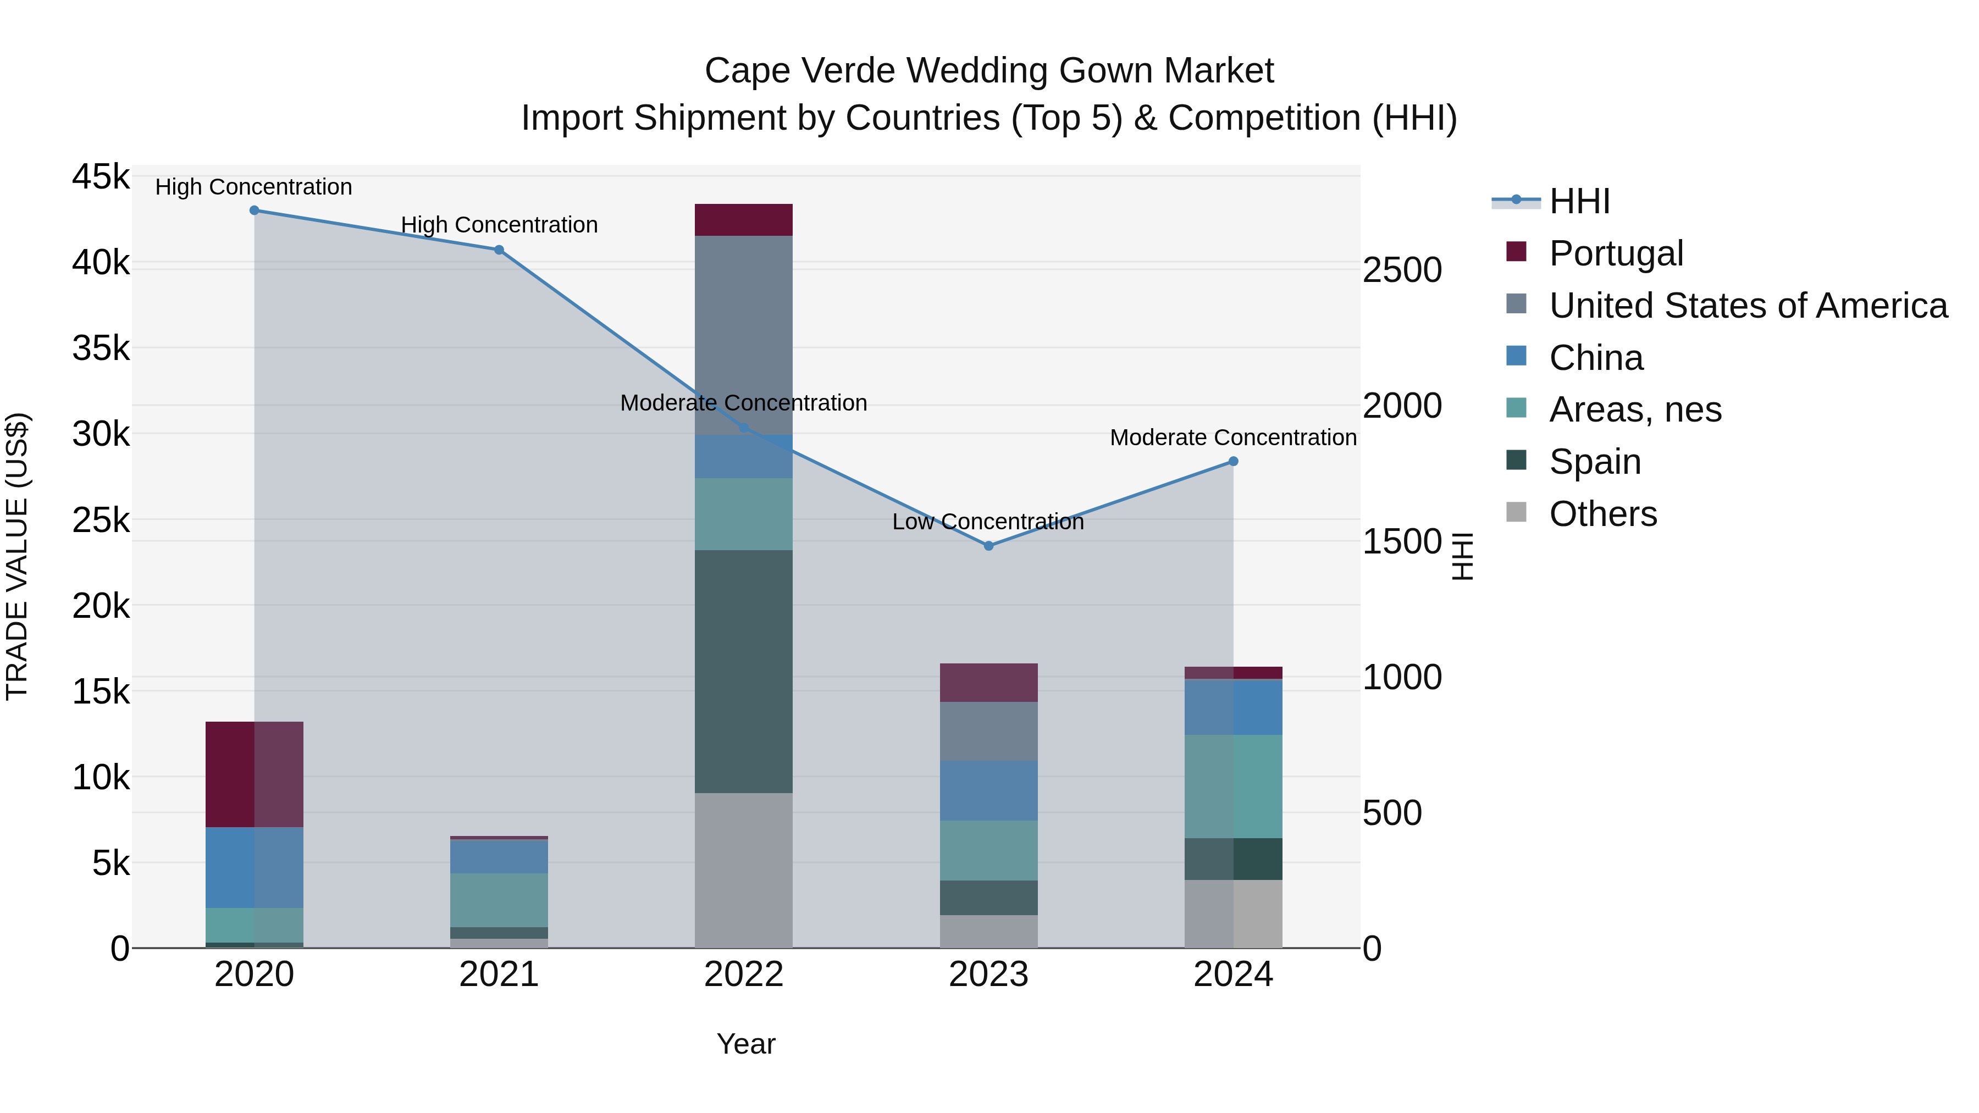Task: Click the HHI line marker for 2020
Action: [x=255, y=211]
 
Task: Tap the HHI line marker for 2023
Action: [x=989, y=546]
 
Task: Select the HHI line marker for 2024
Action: [x=1234, y=462]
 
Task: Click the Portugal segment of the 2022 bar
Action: [x=744, y=220]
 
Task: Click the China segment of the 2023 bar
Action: [x=989, y=791]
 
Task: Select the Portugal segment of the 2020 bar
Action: [x=255, y=774]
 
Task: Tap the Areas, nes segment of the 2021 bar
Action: [x=499, y=900]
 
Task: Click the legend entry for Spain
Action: [x=1595, y=462]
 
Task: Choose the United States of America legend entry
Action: [x=1748, y=306]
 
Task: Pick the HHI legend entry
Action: [x=1579, y=201]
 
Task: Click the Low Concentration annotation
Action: [x=988, y=522]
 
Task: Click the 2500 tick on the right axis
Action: [x=1402, y=270]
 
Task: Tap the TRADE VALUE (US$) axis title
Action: [x=18, y=556]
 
